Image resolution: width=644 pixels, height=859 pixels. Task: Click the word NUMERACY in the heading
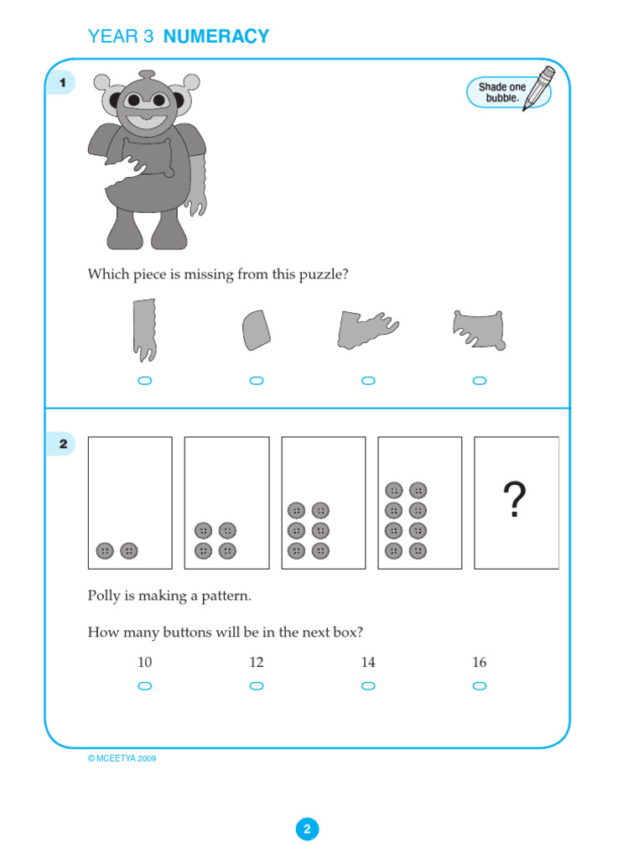pyautogui.click(x=216, y=37)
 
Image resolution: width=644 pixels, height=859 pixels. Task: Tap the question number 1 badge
pyautogui.click(x=63, y=83)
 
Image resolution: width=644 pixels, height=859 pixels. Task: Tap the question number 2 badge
pyautogui.click(x=63, y=445)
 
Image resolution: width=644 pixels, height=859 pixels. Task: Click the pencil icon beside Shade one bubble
pyautogui.click(x=538, y=89)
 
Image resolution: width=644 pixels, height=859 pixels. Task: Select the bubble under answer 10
pyautogui.click(x=144, y=686)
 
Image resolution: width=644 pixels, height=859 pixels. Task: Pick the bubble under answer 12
pyautogui.click(x=257, y=686)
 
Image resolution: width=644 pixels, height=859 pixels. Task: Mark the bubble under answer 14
pyautogui.click(x=368, y=686)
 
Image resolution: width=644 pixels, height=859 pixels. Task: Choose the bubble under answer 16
pyautogui.click(x=480, y=686)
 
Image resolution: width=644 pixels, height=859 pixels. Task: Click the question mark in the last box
pyautogui.click(x=515, y=501)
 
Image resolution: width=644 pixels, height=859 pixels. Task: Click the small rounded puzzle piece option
pyautogui.click(x=256, y=330)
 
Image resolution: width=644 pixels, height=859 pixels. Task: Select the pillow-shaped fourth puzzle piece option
pyautogui.click(x=479, y=330)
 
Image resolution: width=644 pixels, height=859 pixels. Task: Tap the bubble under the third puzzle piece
pyautogui.click(x=368, y=381)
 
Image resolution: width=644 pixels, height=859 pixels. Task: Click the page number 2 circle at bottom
pyautogui.click(x=307, y=830)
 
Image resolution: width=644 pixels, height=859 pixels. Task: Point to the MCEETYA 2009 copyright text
pyautogui.click(x=122, y=758)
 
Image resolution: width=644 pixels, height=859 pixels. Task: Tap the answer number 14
pyautogui.click(x=368, y=663)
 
